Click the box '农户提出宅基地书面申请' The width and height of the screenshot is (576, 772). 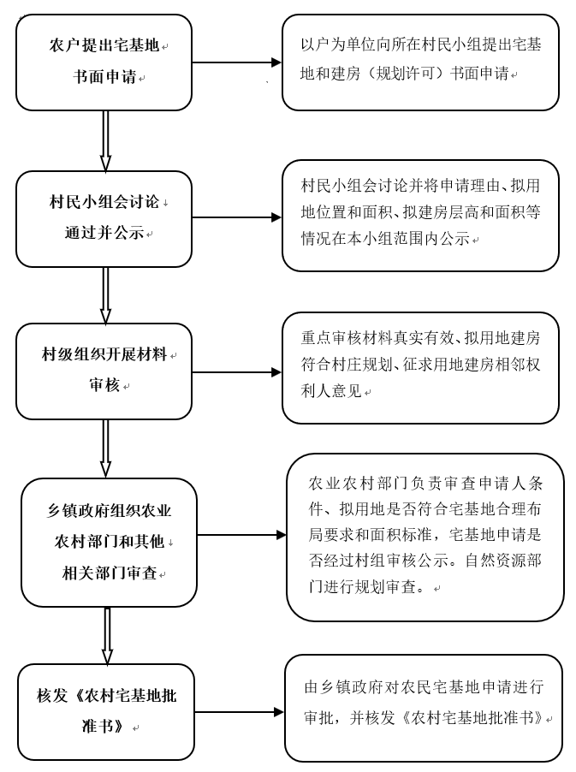coord(104,62)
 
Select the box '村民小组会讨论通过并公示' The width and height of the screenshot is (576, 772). coord(104,218)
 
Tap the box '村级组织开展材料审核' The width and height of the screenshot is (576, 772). coord(104,371)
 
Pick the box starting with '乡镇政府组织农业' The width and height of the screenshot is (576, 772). coord(109,542)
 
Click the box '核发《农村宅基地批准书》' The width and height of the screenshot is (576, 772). coord(106,711)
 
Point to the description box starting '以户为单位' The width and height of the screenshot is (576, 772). coord(420,62)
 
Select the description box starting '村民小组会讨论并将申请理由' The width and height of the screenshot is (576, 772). coord(420,215)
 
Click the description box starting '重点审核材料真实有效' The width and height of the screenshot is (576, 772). coord(420,367)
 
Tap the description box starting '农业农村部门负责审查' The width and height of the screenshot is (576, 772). coord(425,537)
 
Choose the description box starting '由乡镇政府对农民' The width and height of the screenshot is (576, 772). coord(423,707)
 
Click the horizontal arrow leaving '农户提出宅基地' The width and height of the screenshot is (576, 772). coord(236,62)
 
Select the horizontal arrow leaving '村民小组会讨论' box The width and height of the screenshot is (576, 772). coord(236,217)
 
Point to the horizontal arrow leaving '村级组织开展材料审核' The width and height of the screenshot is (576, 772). coord(236,372)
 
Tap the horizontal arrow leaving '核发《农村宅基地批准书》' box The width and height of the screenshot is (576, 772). coord(239,712)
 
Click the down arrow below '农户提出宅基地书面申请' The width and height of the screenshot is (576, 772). coord(105,140)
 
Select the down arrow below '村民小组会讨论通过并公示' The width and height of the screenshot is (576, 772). coord(105,294)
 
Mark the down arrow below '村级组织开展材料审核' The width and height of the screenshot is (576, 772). coord(105,448)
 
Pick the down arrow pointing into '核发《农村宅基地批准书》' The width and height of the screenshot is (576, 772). coord(107,635)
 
